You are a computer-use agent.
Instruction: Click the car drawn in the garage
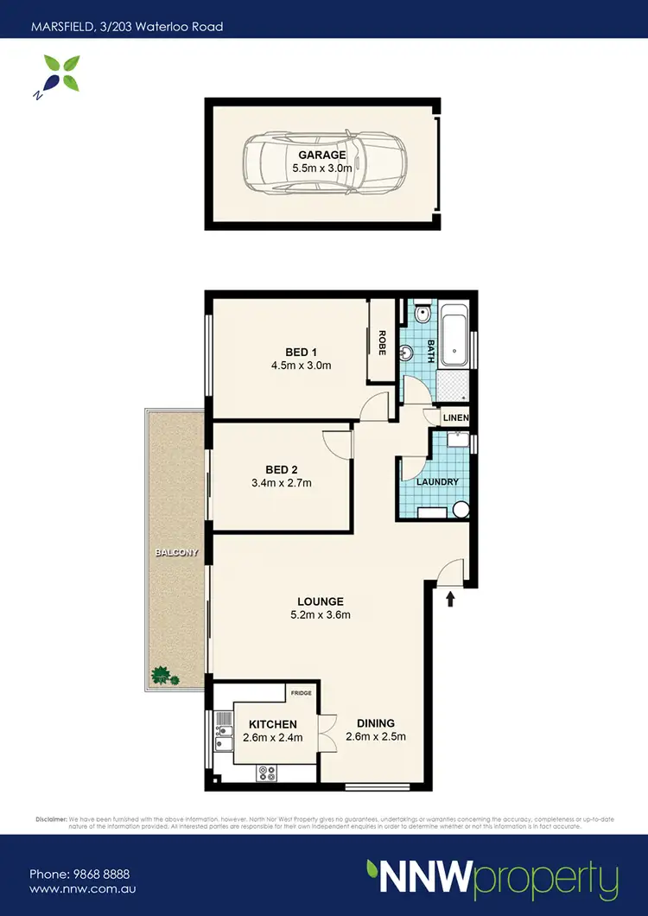(x=321, y=164)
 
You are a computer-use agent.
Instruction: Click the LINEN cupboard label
(x=455, y=418)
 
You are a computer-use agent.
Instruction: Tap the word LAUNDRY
(x=436, y=482)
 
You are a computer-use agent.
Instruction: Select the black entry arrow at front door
(x=450, y=597)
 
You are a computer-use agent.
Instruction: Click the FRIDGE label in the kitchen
(x=301, y=693)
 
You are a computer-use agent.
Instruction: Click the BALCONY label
(x=177, y=552)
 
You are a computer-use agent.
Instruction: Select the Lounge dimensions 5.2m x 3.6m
(x=321, y=615)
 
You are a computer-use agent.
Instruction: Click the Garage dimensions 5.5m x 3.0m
(x=322, y=169)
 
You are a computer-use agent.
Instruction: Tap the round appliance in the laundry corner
(x=460, y=510)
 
